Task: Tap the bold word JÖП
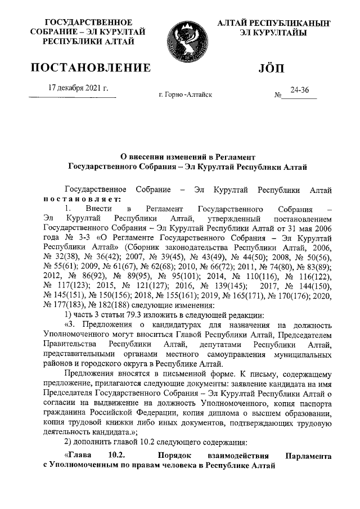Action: click(x=272, y=69)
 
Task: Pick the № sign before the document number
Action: click(x=277, y=96)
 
